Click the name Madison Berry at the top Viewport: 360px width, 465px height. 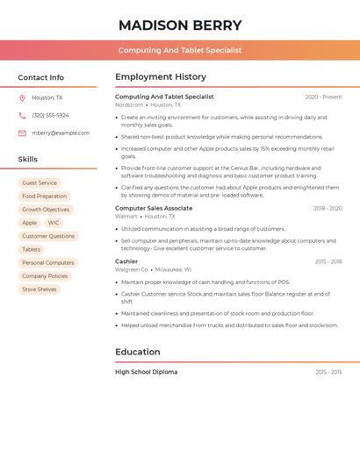click(180, 25)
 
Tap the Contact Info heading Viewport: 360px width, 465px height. click(41, 77)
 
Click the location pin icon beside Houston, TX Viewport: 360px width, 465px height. click(22, 98)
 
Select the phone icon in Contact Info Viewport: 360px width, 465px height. click(22, 116)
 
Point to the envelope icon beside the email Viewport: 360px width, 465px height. click(22, 133)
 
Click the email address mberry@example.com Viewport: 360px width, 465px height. click(61, 133)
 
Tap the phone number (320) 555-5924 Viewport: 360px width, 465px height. click(50, 116)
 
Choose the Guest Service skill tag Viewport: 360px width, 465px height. click(40, 183)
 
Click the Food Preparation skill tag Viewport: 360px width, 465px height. click(44, 197)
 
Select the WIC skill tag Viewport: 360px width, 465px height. click(54, 223)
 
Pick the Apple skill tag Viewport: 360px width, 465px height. click(30, 223)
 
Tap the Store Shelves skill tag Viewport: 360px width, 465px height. click(40, 290)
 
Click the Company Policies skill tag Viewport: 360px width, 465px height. click(45, 276)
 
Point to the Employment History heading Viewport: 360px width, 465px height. click(161, 77)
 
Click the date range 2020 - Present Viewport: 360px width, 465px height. click(323, 97)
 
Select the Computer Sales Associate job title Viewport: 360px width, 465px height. click(154, 209)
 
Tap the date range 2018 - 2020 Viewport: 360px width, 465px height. click(328, 209)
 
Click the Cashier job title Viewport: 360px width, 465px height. click(126, 261)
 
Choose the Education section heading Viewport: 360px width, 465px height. click(138, 352)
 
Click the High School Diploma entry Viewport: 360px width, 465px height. click(147, 372)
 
